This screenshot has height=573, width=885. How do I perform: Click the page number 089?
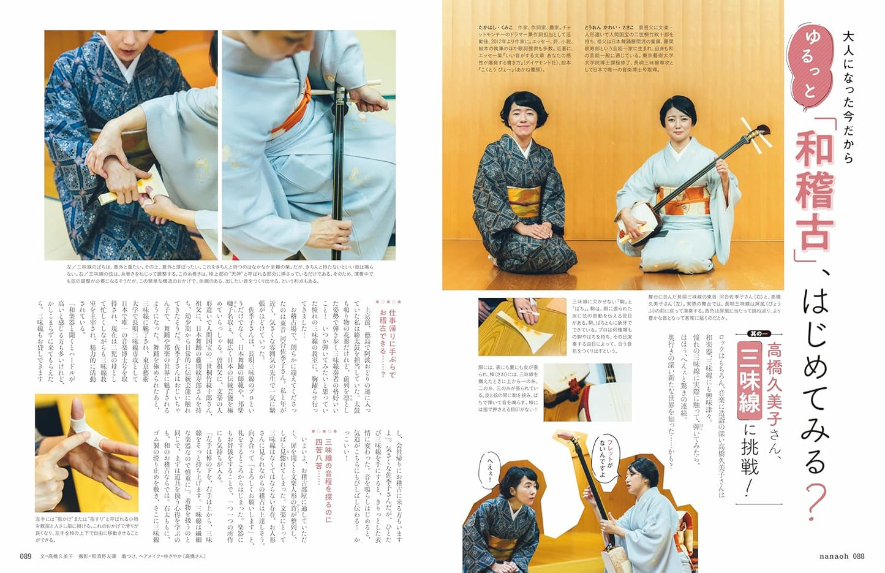tap(25, 556)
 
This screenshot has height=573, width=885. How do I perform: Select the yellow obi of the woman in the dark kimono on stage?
tap(524, 202)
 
